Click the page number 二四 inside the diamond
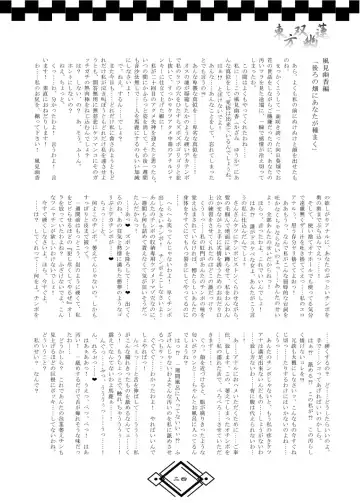[179, 478]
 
